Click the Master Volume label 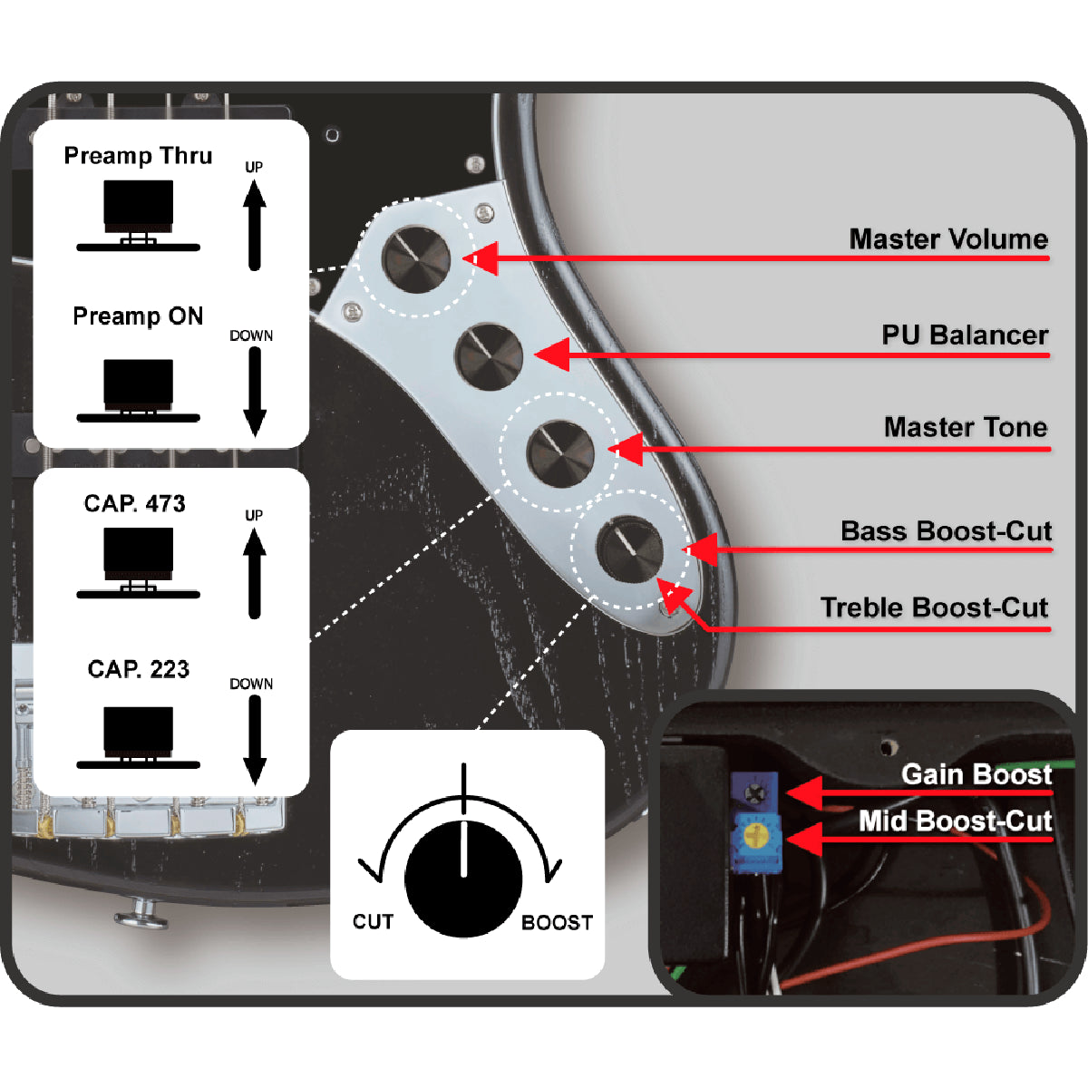pyautogui.click(x=948, y=239)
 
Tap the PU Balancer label pyautogui.click(x=965, y=335)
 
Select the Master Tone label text pyautogui.click(x=966, y=427)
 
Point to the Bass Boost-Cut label pyautogui.click(x=946, y=531)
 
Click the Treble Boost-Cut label pyautogui.click(x=934, y=607)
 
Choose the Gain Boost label pyautogui.click(x=976, y=774)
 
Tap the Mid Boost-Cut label pyautogui.click(x=956, y=821)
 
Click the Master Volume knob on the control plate pyautogui.click(x=416, y=257)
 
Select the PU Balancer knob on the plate pyautogui.click(x=489, y=355)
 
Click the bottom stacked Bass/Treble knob pyautogui.click(x=630, y=548)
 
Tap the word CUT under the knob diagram pyautogui.click(x=373, y=922)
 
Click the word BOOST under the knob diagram pyautogui.click(x=557, y=923)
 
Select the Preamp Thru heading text pyautogui.click(x=138, y=156)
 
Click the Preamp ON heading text pyautogui.click(x=138, y=316)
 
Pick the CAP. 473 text pyautogui.click(x=134, y=504)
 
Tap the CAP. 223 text pyautogui.click(x=138, y=670)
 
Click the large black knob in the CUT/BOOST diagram pyautogui.click(x=463, y=879)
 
